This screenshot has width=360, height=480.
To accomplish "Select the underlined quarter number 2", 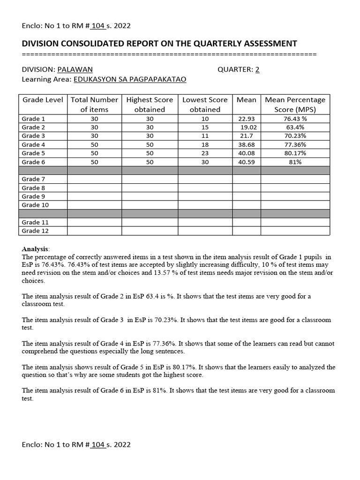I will point(257,70).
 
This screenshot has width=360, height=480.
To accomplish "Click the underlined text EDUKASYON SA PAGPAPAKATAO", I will point(129,79).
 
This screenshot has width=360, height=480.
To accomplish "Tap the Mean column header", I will point(247,100).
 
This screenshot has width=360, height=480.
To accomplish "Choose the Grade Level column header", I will point(43,100).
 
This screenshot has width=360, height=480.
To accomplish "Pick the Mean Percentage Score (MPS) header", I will point(295,105).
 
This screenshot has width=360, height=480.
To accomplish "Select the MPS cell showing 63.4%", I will point(295,127).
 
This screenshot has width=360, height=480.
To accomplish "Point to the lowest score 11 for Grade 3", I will point(205,136).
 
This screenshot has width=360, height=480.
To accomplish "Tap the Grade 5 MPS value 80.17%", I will point(295,153).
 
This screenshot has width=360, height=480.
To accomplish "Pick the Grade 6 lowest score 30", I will point(205,162).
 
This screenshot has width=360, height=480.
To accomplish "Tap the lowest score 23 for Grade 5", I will point(205,153).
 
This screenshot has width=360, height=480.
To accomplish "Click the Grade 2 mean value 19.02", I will point(248,127).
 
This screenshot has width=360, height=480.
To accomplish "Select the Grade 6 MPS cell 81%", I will point(295,162).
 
